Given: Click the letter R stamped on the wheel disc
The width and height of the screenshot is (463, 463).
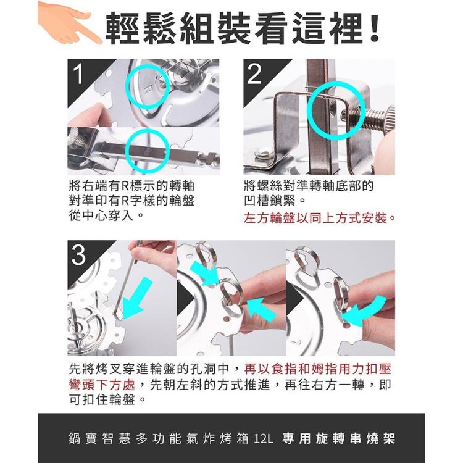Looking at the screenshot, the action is coord(149,88).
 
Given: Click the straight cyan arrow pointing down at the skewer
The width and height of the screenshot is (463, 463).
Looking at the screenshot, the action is coord(136,299).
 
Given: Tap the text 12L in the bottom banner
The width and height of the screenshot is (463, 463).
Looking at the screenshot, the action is coord(263,438).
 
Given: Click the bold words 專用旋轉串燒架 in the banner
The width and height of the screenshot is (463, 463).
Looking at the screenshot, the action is coord(338,438).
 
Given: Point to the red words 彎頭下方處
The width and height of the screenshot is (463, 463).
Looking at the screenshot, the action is coord(102,385).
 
